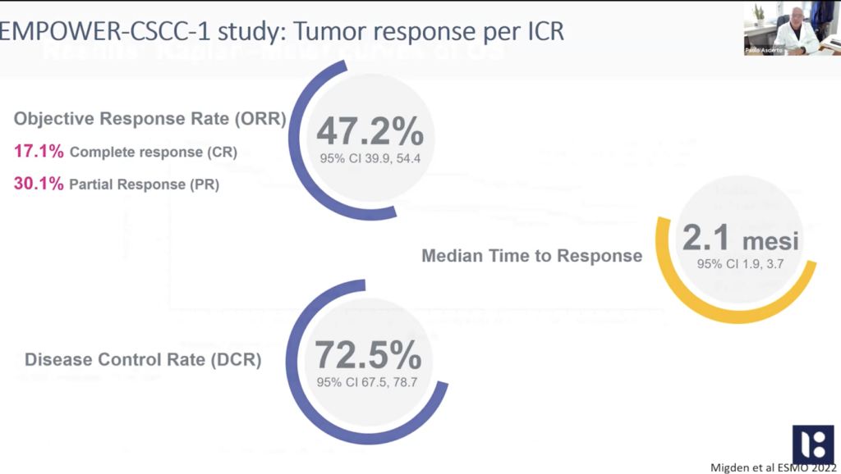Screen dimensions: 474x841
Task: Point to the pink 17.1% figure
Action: pyautogui.click(x=39, y=152)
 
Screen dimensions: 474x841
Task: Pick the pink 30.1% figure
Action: pyautogui.click(x=39, y=184)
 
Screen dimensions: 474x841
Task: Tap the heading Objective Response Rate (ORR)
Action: pyautogui.click(x=149, y=119)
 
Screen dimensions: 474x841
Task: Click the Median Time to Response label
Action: pyautogui.click(x=531, y=256)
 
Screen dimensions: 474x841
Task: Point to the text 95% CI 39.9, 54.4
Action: pyautogui.click(x=370, y=158)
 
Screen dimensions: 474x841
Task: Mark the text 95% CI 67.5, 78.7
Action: pyautogui.click(x=368, y=383)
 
